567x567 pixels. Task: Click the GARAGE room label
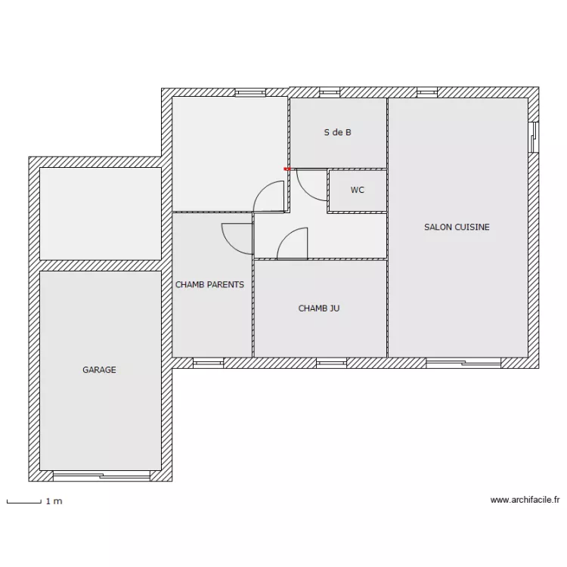coord(99,370)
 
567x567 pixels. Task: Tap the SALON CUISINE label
coord(457,227)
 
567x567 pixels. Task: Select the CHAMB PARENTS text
coord(209,285)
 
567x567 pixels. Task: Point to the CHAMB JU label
coord(318,308)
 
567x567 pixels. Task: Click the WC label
coord(357,190)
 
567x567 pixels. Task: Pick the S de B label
coord(337,132)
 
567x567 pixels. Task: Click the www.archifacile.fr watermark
coord(525,500)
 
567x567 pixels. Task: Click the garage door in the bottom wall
coord(101,476)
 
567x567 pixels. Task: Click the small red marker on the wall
coord(287,169)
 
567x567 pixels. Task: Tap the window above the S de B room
coord(329,92)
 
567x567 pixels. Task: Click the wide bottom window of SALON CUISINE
coord(463,364)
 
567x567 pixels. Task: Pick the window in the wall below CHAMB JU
coord(330,364)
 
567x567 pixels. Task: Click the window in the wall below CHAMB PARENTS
coord(208,364)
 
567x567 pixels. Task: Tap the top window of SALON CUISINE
coord(426,92)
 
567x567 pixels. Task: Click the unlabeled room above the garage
coord(100,213)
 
